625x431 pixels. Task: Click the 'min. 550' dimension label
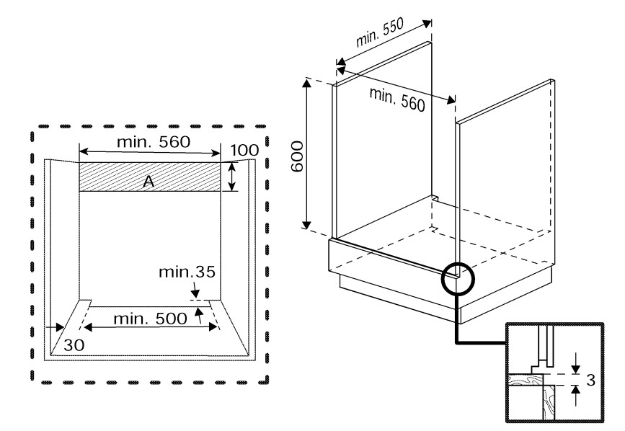tap(379, 32)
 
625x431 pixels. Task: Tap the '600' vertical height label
tap(297, 156)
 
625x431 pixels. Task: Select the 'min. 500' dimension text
tap(150, 319)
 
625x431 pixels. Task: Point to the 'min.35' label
tap(187, 272)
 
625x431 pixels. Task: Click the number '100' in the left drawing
tap(244, 150)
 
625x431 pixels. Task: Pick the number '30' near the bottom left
tap(74, 345)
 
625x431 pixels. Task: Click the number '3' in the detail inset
tap(590, 380)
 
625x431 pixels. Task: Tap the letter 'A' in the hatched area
tap(149, 182)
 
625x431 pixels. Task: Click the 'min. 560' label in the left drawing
tap(154, 141)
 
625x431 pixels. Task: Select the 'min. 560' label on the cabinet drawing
tap(397, 99)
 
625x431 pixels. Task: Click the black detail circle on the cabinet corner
tap(458, 278)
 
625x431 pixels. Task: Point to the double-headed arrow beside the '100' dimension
tap(232, 177)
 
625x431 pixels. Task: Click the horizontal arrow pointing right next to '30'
tap(55, 327)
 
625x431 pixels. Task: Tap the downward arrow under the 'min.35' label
tap(195, 290)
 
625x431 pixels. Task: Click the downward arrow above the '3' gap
tap(575, 363)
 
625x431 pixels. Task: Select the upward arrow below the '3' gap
tap(575, 396)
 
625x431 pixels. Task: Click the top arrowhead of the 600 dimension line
tap(306, 84)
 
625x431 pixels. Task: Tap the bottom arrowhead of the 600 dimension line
tap(306, 224)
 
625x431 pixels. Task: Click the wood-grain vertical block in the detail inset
tap(549, 401)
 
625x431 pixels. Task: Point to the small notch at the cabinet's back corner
tap(435, 197)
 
